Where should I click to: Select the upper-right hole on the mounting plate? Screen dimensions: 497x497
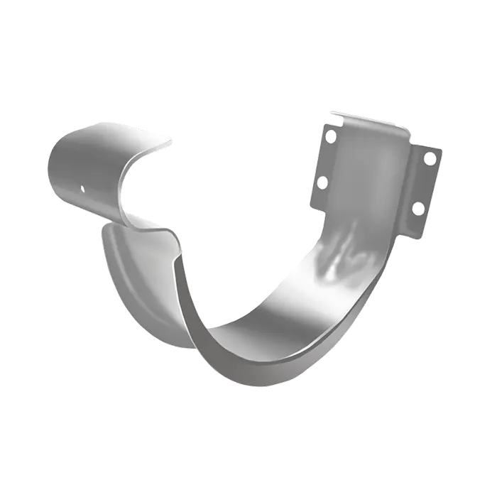pos(430,158)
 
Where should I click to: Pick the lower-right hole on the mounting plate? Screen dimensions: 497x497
pos(418,208)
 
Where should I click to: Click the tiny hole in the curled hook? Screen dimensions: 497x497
pos(82,189)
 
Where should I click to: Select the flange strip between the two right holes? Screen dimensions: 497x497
pos(425,183)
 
